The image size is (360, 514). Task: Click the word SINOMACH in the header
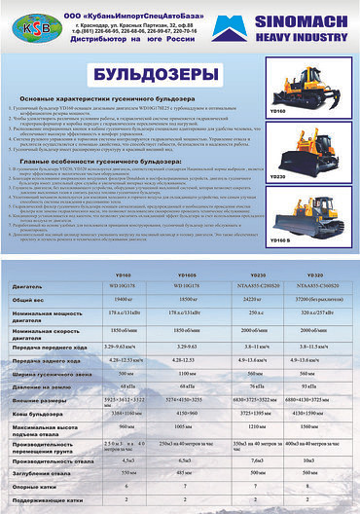303,18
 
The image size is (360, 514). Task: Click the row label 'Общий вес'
28,300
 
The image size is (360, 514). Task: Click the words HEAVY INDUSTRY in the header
303,35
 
